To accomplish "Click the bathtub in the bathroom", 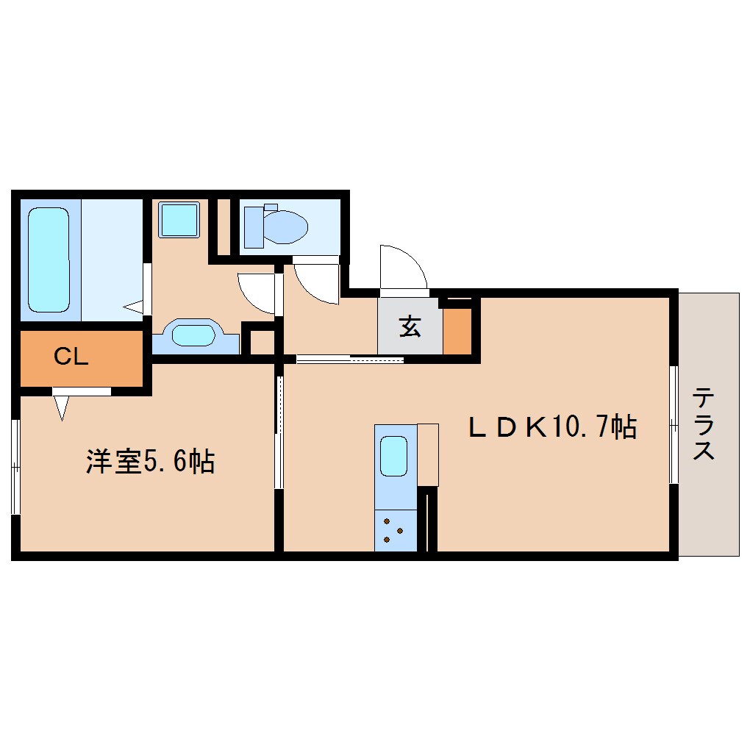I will pos(49,260).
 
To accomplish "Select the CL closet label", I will pos(71,357).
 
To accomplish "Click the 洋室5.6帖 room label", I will pos(150,462).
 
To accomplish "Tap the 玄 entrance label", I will pos(410,326).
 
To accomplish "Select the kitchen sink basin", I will pos(394,456).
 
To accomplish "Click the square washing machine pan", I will pos(180,218).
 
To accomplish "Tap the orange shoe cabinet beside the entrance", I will pos(457,330).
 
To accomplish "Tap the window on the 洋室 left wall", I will pos(15,466).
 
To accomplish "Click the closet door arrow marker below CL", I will pos(61,407).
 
